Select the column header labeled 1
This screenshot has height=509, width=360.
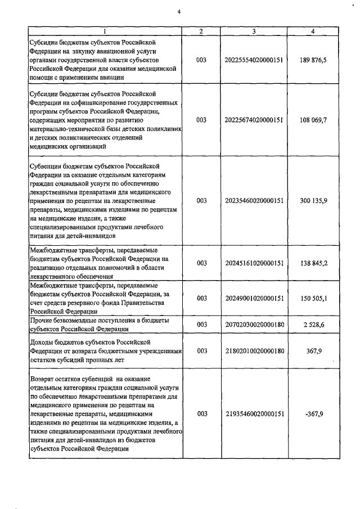coord(106,31)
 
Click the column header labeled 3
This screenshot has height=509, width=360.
coord(254,31)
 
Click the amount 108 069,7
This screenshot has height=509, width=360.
coord(313,120)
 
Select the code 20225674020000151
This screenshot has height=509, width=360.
coord(254,120)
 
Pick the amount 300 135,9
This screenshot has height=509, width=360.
coord(313,200)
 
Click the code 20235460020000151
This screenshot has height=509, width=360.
coord(254,200)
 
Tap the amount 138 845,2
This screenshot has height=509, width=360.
coord(313,263)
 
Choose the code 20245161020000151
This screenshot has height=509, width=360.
coord(254,263)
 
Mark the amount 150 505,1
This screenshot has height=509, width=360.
coord(313,298)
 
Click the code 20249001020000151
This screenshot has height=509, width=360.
coord(254,298)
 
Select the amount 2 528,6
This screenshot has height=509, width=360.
coord(313,325)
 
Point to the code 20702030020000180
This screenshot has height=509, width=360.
coord(254,325)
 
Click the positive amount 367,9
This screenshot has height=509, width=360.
coord(313,350)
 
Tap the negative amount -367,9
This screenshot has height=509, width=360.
coord(313,414)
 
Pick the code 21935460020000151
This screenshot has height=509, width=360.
coord(254,414)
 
